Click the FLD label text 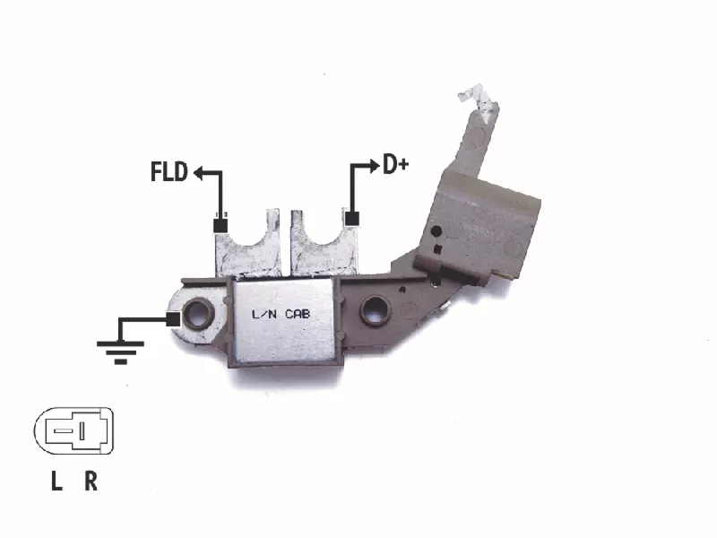169,172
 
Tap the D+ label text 395,165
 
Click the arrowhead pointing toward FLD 199,173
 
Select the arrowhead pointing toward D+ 374,166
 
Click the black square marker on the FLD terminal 220,226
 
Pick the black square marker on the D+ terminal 351,218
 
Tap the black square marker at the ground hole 173,319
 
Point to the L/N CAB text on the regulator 281,315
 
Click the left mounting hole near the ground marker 198,312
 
